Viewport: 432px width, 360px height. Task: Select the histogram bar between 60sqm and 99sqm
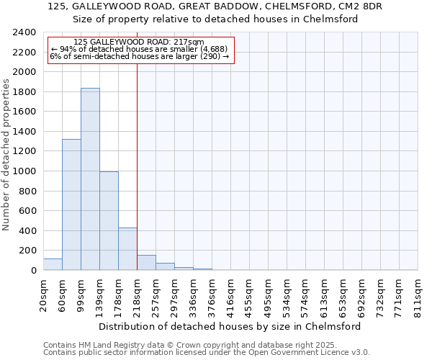(x=71, y=204)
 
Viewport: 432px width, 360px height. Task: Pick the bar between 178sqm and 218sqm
(x=127, y=249)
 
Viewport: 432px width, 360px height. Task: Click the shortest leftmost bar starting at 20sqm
(x=53, y=264)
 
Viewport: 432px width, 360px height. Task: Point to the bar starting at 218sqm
(x=146, y=263)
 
